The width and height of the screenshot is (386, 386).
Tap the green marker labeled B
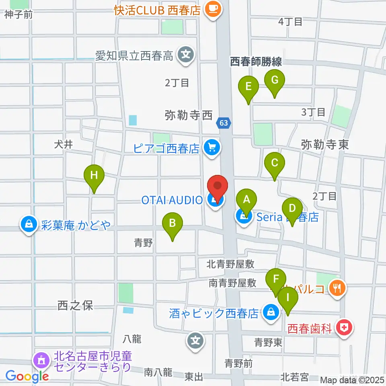click(x=172, y=223)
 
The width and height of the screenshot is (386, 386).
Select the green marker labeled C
click(x=275, y=163)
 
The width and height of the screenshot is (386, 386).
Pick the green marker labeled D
click(x=292, y=209)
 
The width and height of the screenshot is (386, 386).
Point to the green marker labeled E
click(x=248, y=86)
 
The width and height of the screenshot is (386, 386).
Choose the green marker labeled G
click(x=275, y=80)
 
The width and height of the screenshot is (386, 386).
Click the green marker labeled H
click(x=94, y=175)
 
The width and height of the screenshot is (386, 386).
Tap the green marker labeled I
click(x=288, y=298)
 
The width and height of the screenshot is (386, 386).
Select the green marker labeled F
click(x=276, y=279)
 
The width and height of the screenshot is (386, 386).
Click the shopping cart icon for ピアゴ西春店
click(x=211, y=148)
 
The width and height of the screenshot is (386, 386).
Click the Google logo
click(x=27, y=376)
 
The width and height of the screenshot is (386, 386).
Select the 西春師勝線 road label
click(x=256, y=62)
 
